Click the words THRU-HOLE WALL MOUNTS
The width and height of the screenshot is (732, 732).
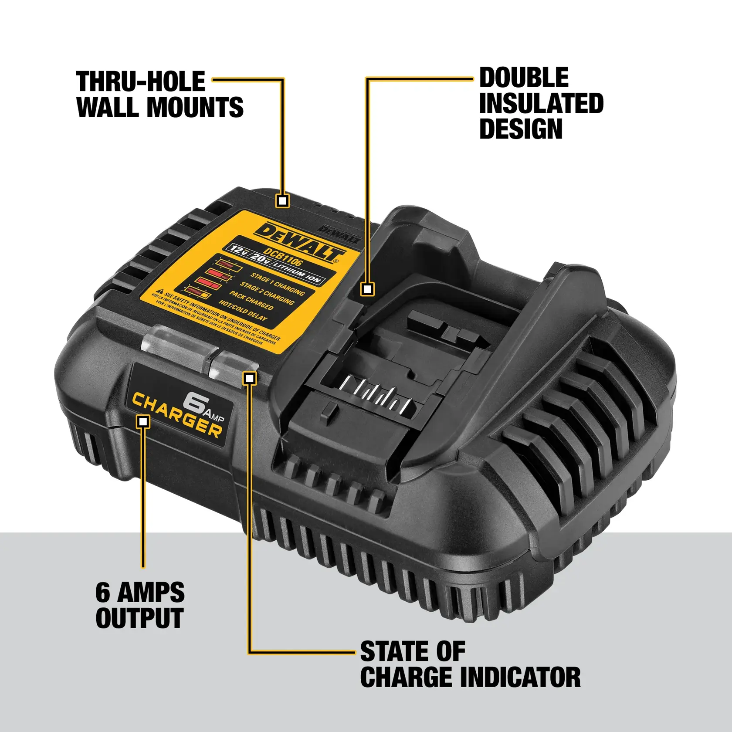click(159, 94)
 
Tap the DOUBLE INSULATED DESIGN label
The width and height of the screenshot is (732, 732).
click(541, 103)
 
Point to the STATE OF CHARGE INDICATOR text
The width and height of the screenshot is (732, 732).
click(470, 664)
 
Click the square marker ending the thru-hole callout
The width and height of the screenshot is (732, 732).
click(283, 201)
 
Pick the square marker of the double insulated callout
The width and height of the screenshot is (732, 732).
click(368, 289)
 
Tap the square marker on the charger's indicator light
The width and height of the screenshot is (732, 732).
click(250, 378)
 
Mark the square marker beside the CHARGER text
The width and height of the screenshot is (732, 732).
click(143, 421)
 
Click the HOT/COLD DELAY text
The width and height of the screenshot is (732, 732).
click(243, 310)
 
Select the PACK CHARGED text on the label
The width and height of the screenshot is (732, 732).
click(252, 300)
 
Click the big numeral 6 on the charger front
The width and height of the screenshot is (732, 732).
click(195, 402)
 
